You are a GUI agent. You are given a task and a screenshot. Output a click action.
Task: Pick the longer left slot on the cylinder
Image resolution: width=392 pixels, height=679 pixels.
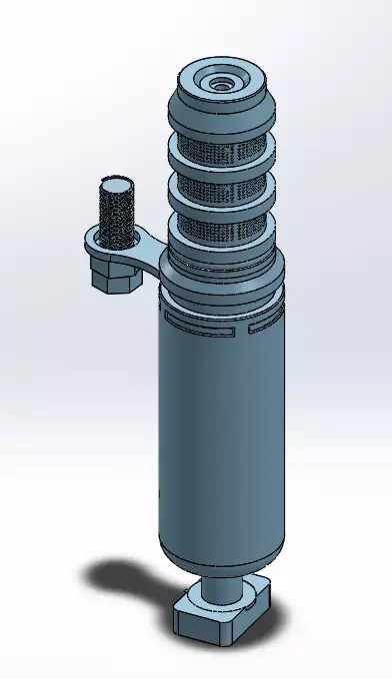[200, 323]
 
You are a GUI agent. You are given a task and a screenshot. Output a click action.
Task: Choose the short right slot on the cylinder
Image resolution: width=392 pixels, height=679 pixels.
[262, 326]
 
